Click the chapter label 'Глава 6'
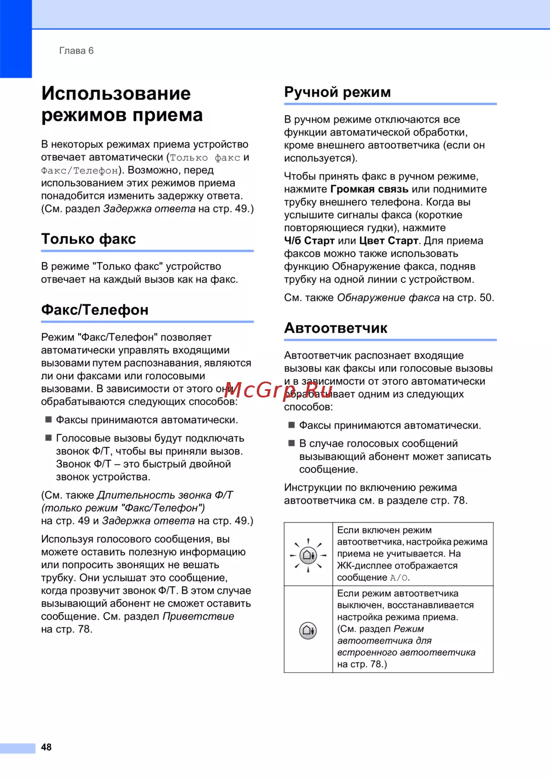click(x=76, y=51)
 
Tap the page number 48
click(x=46, y=747)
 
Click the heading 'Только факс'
click(x=89, y=239)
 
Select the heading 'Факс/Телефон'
click(x=95, y=310)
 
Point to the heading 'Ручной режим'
click(x=337, y=92)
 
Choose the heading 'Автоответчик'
click(x=335, y=328)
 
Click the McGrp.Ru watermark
click(x=278, y=390)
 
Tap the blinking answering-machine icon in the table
click(x=308, y=555)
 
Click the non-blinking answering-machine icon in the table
click(x=308, y=630)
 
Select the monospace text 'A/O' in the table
click(x=399, y=578)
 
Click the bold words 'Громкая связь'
click(x=369, y=189)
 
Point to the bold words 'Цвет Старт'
click(x=388, y=241)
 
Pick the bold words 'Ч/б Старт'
click(x=309, y=241)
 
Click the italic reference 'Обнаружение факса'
click(x=388, y=298)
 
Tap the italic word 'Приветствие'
click(x=198, y=617)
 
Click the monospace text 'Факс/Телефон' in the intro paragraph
click(x=80, y=171)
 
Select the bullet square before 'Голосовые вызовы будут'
click(x=48, y=438)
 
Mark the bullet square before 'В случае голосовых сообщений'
click(x=291, y=443)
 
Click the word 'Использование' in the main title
click(x=116, y=94)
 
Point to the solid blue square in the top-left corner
click(x=15, y=39)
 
